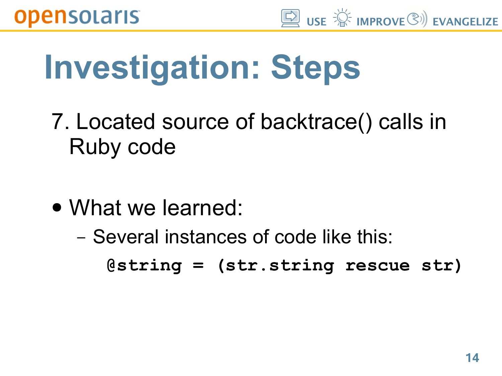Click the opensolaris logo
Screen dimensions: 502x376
pyautogui.click(x=77, y=18)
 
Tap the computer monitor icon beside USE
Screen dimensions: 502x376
pyautogui.click(x=290, y=18)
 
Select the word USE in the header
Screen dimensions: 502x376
pyautogui.click(x=317, y=22)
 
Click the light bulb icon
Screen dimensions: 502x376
pyautogui.click(x=342, y=18)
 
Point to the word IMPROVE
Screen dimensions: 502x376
pyautogui.click(x=381, y=22)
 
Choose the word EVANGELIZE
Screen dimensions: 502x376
pyautogui.click(x=466, y=22)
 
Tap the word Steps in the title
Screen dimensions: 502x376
pyautogui.click(x=315, y=68)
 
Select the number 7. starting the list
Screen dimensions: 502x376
pyautogui.click(x=60, y=122)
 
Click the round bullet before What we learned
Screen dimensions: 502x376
pyautogui.click(x=57, y=208)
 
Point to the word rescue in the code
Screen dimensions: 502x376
pyautogui.click(x=378, y=266)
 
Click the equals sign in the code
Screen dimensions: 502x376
pyautogui.click(x=198, y=265)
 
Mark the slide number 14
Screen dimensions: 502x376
pyautogui.click(x=472, y=358)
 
